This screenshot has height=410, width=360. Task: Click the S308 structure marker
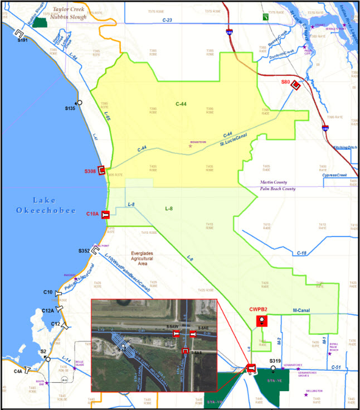(x=102, y=171)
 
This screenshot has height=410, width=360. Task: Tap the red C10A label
(x=92, y=214)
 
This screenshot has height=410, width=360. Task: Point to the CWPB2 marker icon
(x=260, y=321)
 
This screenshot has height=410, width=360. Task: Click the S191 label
(x=22, y=40)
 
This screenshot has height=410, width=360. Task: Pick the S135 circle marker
(x=80, y=102)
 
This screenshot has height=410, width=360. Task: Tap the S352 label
(x=84, y=251)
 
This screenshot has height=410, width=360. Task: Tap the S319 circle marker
(x=273, y=368)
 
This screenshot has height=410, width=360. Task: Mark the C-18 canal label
(x=302, y=253)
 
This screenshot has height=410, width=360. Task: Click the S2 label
(x=43, y=351)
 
